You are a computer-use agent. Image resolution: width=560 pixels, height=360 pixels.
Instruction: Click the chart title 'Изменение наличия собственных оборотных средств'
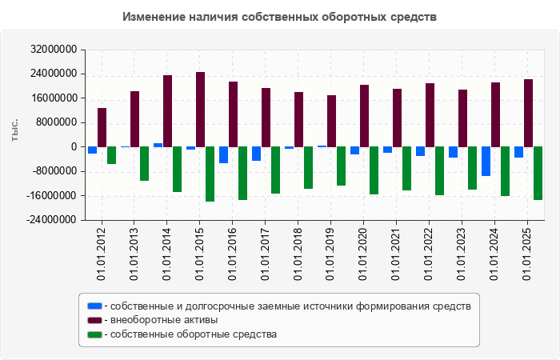click(x=280, y=17)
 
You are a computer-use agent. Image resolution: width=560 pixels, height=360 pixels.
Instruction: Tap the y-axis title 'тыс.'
click(x=14, y=134)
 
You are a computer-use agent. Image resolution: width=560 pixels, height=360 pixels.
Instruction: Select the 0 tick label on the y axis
click(x=73, y=147)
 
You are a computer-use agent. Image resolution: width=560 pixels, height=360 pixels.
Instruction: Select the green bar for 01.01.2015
click(x=210, y=174)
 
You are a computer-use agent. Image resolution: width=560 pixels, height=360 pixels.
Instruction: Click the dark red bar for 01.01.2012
click(x=102, y=127)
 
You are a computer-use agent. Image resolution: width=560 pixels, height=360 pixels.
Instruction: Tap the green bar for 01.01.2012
click(x=111, y=155)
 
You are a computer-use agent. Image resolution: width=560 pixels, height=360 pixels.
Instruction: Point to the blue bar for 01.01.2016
click(x=223, y=154)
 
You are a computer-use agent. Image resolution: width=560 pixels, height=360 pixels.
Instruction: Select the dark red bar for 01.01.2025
click(x=528, y=113)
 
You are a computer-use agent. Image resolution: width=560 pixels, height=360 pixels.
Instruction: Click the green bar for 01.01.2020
click(x=374, y=170)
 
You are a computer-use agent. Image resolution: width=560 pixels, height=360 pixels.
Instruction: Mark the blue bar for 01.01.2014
click(x=158, y=145)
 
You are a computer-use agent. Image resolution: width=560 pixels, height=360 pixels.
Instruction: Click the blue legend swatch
click(x=95, y=306)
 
